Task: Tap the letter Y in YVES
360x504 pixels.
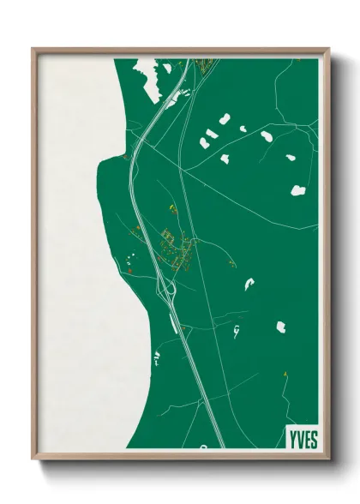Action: coord(290,438)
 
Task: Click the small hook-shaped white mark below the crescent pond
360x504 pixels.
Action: coord(236,332)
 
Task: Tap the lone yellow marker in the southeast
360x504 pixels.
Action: coord(285,374)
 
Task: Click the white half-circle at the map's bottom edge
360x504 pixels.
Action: coord(204,446)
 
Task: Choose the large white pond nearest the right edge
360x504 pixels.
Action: coord(298,189)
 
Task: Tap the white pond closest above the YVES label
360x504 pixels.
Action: coord(281,327)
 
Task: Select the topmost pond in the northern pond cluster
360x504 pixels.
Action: coord(225,119)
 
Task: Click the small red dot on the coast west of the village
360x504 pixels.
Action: coord(128,271)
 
